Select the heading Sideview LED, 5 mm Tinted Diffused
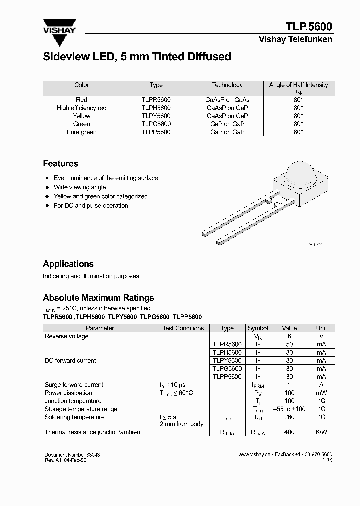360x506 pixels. [x=137, y=57]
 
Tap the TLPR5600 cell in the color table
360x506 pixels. [x=156, y=100]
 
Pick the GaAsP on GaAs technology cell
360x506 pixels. [x=227, y=100]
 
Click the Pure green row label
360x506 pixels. [x=81, y=132]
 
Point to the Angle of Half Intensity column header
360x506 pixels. [x=298, y=85]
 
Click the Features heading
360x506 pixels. [x=60, y=163]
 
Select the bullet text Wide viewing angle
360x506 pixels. [x=80, y=187]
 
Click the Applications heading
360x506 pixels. [x=68, y=264]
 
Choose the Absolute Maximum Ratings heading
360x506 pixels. [x=98, y=298]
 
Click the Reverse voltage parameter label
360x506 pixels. [x=67, y=336]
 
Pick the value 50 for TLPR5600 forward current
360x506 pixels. [x=289, y=344]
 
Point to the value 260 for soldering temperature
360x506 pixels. [x=289, y=417]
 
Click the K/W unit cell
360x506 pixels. [x=321, y=432]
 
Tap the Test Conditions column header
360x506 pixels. [x=183, y=328]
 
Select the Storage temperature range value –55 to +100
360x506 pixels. [x=289, y=409]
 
